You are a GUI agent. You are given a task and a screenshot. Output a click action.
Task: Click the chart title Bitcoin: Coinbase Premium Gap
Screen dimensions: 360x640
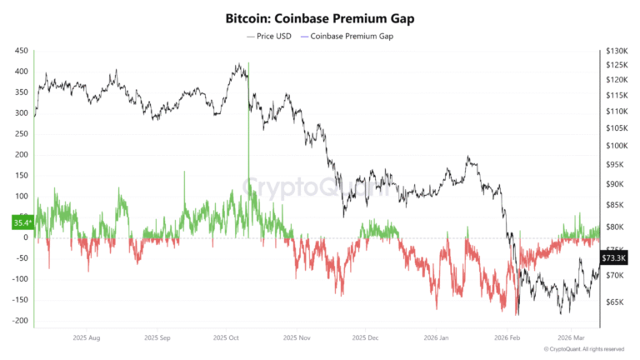pos(320,17)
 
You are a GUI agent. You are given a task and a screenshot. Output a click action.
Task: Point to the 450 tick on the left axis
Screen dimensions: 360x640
pos(21,52)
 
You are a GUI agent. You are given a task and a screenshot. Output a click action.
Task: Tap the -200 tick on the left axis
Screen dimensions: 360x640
pos(20,321)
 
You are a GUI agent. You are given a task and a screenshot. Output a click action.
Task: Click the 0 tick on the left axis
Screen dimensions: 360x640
pos(26,237)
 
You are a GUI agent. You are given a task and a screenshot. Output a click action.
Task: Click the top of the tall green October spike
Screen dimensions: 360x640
pos(248,65)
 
